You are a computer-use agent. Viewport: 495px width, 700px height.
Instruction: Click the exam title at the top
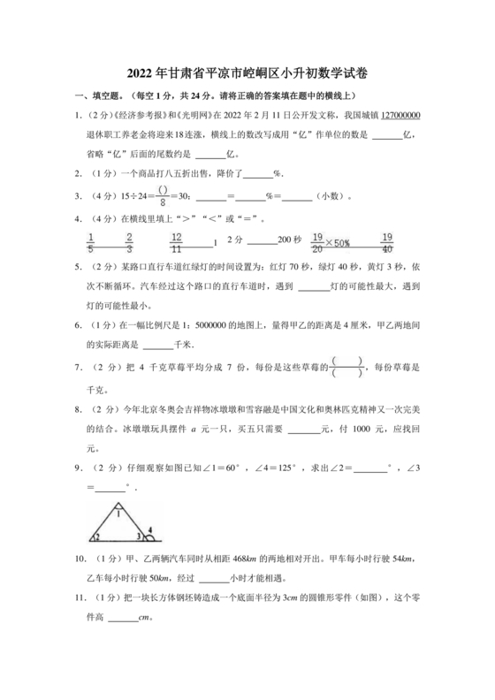click(x=247, y=73)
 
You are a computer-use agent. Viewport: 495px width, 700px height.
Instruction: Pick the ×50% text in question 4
click(x=337, y=242)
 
